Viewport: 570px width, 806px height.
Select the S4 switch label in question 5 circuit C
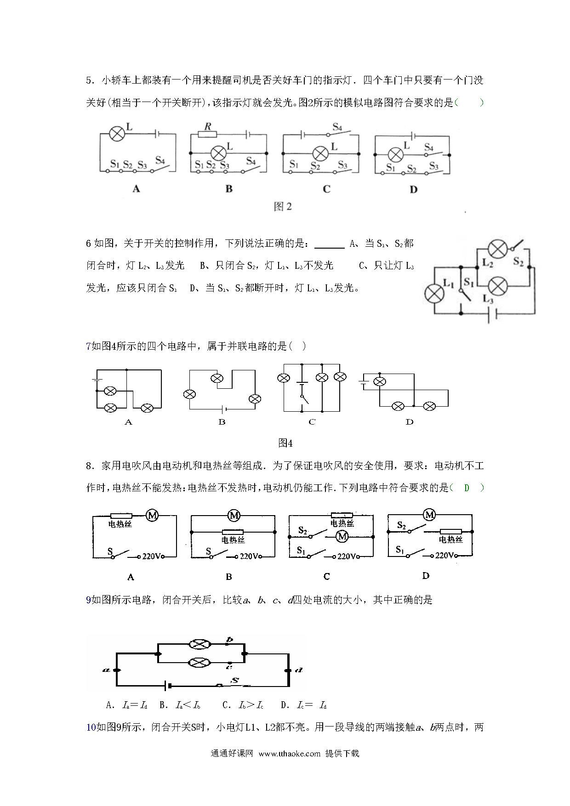tap(337, 126)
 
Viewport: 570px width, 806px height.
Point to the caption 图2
tap(283, 207)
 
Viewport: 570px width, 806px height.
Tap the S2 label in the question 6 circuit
tap(518, 262)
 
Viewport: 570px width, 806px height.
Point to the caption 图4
tap(285, 443)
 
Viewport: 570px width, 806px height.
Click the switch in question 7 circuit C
tap(303, 400)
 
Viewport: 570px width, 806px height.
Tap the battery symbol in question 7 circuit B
tap(223, 409)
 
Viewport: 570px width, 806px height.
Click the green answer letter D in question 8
tap(467, 488)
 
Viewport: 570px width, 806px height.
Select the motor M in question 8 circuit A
tap(152, 516)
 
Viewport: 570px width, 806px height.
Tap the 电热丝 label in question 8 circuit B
tap(233, 540)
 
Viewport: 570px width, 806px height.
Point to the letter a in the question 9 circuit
tap(105, 670)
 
